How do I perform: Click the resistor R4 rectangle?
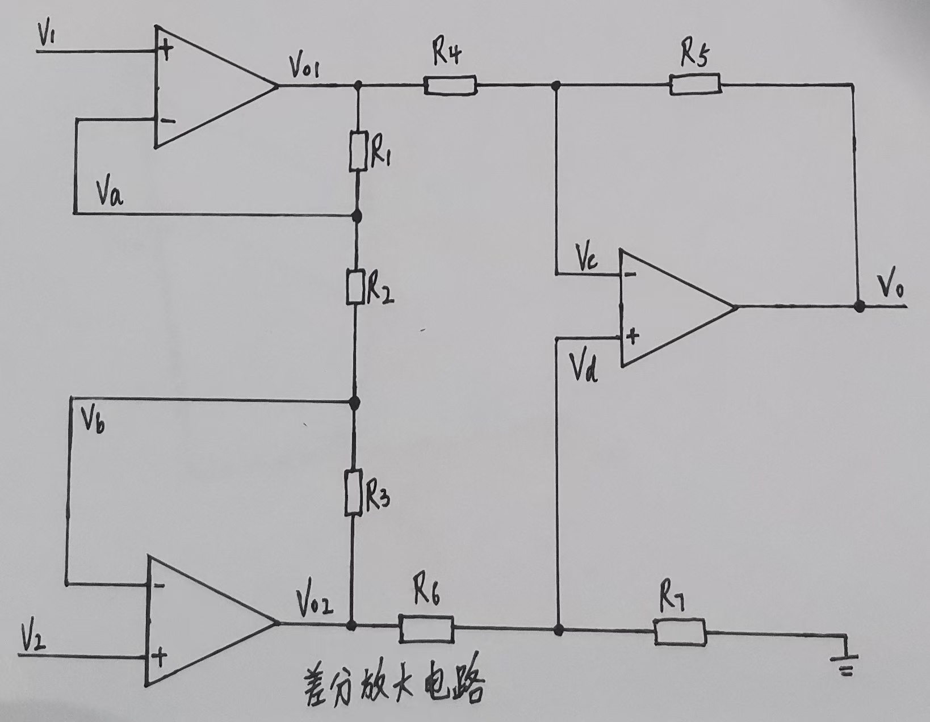click(x=450, y=86)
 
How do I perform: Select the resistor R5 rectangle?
click(x=696, y=85)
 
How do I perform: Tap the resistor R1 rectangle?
click(x=357, y=151)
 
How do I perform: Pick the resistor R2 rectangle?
click(x=354, y=287)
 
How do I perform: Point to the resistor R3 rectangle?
click(x=353, y=492)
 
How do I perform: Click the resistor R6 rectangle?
click(x=426, y=628)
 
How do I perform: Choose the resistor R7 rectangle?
click(x=680, y=632)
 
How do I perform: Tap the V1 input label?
click(x=47, y=35)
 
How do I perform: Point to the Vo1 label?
click(x=304, y=68)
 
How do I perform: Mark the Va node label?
click(x=110, y=195)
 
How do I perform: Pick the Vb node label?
click(x=92, y=420)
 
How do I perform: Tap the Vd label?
click(x=584, y=368)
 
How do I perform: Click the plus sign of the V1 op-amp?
click(x=165, y=52)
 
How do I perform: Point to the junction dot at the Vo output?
click(x=860, y=307)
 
